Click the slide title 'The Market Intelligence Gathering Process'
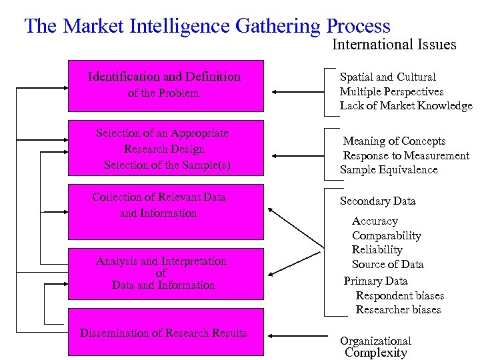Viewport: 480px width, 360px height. click(x=207, y=26)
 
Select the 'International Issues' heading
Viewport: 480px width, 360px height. click(x=394, y=45)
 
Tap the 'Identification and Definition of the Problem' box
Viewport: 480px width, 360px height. click(x=165, y=85)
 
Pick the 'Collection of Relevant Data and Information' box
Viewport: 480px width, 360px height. click(x=165, y=211)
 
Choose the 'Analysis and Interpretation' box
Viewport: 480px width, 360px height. click(x=165, y=273)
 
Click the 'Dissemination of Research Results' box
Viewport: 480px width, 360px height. click(x=165, y=332)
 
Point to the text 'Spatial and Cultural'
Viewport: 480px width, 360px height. click(x=387, y=77)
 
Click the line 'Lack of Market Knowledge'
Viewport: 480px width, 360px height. click(x=405, y=105)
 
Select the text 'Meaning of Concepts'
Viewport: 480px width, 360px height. click(x=394, y=141)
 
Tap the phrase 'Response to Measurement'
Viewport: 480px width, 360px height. click(x=405, y=156)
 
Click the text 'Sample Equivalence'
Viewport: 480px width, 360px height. click(x=389, y=170)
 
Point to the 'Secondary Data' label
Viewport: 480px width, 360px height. click(x=377, y=201)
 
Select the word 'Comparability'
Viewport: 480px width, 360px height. click(x=387, y=236)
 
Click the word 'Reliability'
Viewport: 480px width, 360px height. click(x=377, y=250)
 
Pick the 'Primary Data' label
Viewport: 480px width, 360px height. click(x=375, y=281)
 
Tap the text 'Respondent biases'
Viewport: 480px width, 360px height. click(x=400, y=296)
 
